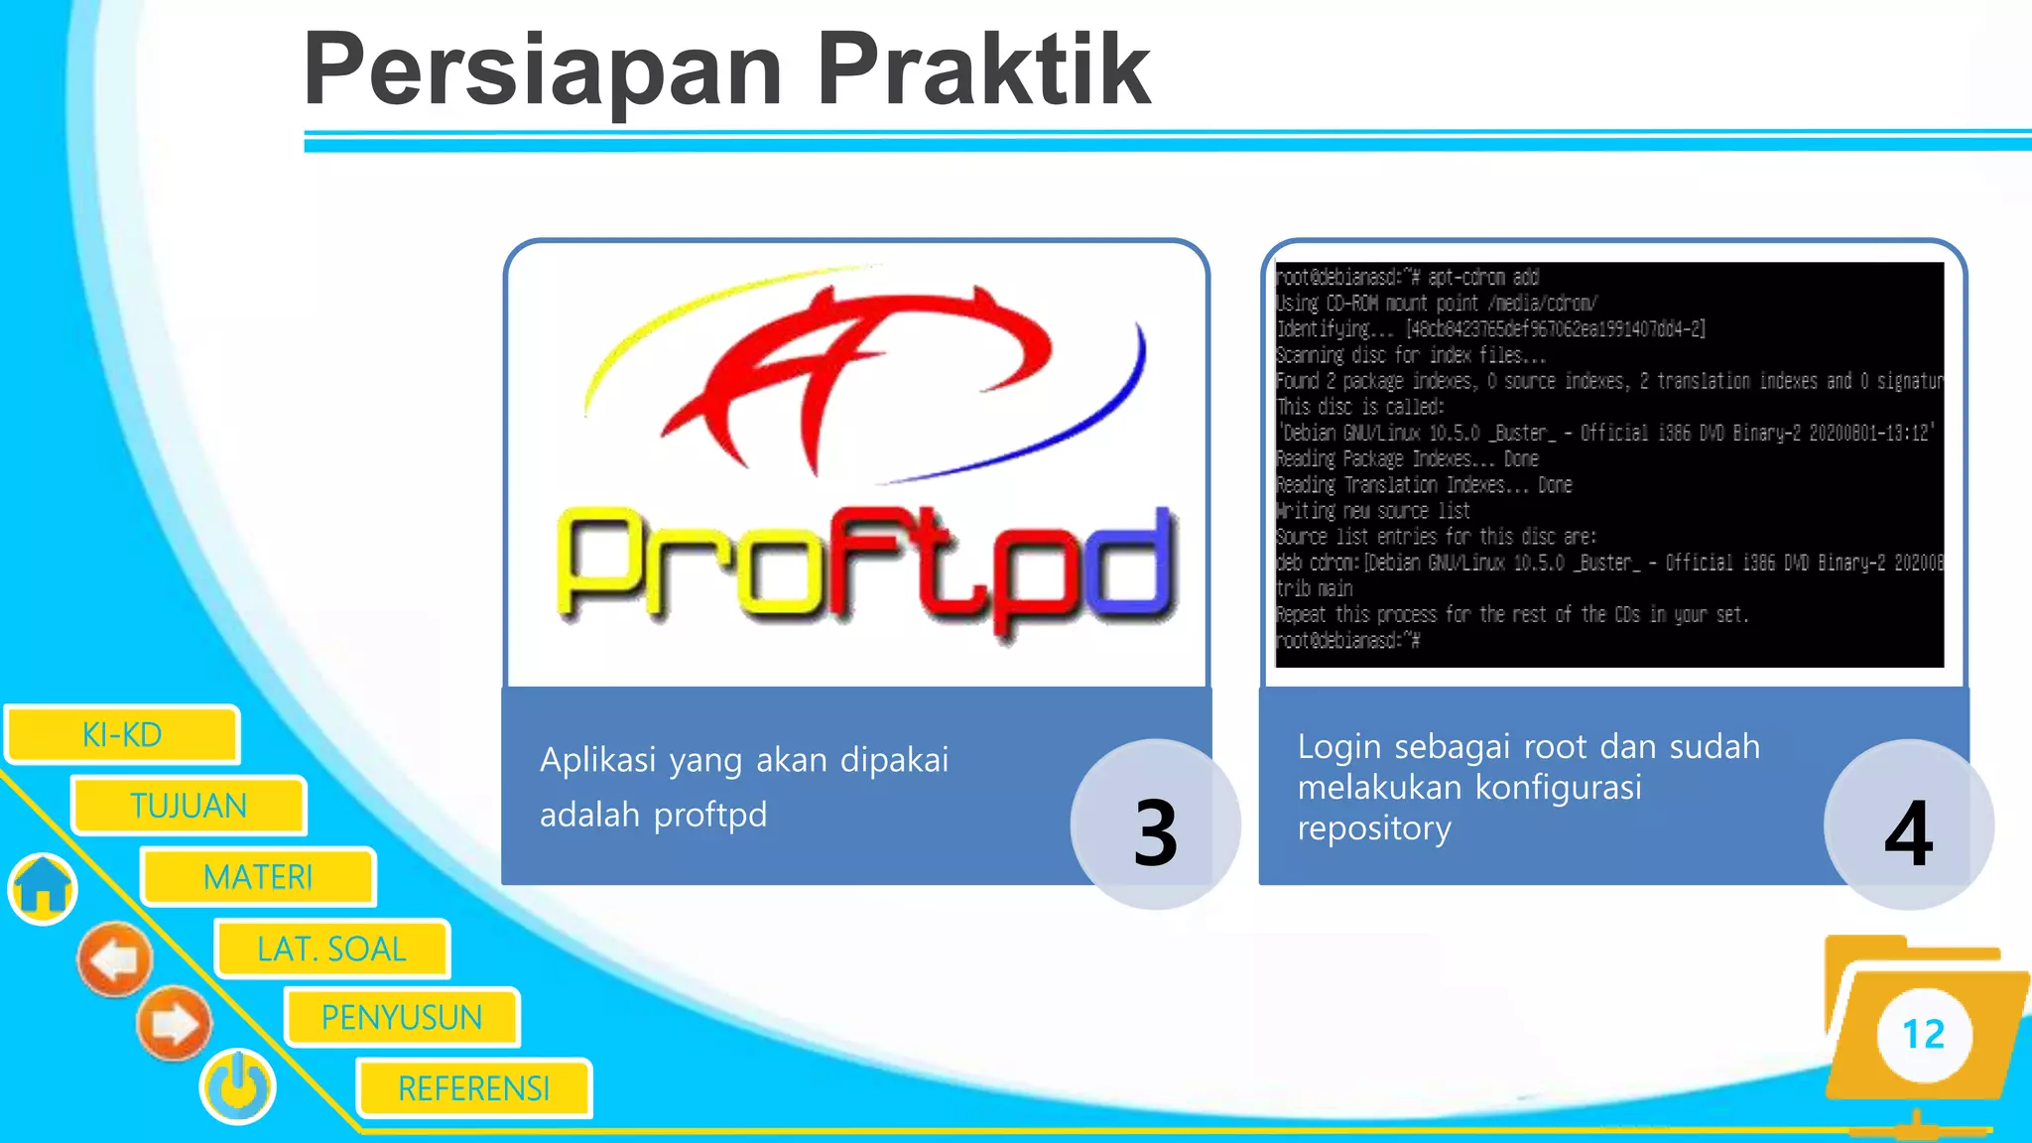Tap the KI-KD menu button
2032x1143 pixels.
122,735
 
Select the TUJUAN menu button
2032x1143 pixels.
189,806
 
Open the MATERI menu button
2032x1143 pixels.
258,877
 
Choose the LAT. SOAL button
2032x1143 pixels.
331,949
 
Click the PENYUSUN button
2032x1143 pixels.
402,1017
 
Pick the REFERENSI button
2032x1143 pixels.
474,1088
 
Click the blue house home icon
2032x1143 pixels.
43,887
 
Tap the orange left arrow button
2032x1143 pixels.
116,959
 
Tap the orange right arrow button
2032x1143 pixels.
174,1023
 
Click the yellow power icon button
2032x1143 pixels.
238,1086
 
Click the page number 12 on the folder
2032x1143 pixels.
1923,1035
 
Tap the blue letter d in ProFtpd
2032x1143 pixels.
1126,566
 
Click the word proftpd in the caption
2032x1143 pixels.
709,816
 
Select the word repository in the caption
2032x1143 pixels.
1374,827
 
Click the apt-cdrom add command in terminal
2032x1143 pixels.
1482,278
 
